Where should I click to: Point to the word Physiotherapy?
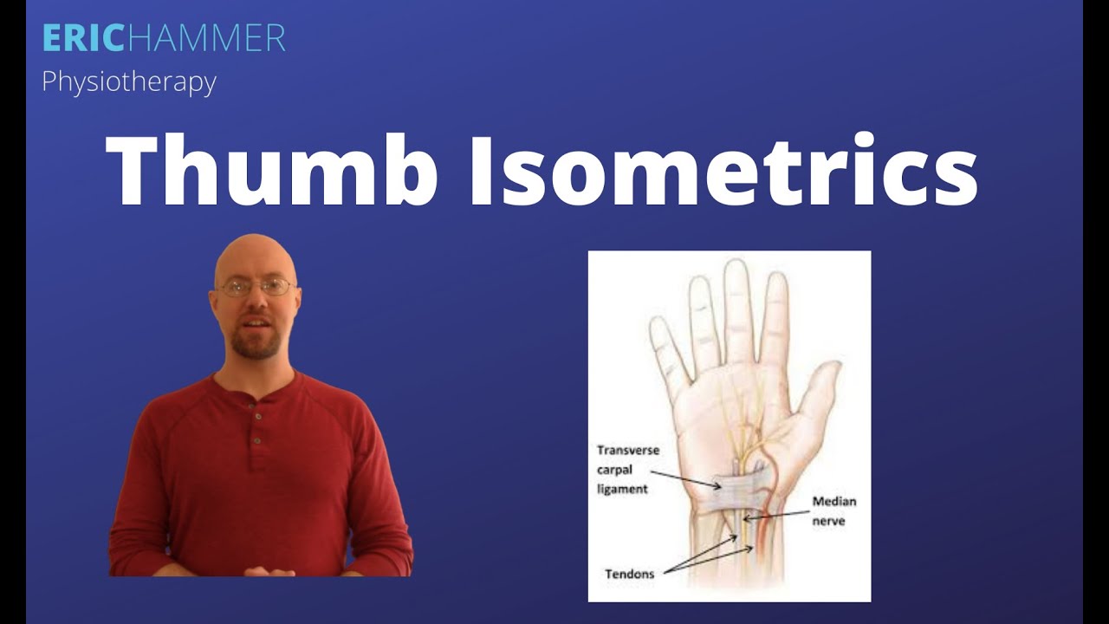click(x=128, y=82)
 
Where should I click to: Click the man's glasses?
click(x=256, y=287)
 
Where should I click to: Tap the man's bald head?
click(x=254, y=257)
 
